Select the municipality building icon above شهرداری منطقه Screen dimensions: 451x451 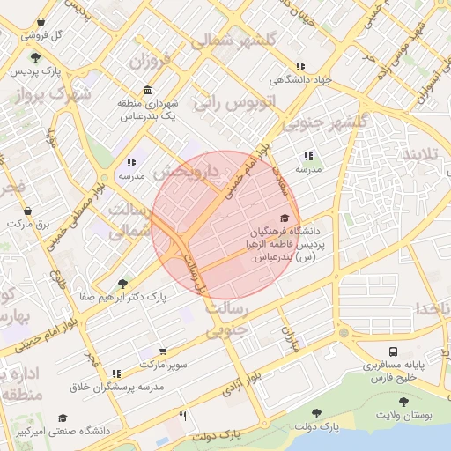click(145, 91)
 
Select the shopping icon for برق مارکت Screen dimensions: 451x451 click(28, 211)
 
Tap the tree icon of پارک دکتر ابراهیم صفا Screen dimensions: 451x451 click(122, 284)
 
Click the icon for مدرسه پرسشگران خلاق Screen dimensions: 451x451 click(116, 374)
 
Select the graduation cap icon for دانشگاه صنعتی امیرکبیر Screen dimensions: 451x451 click(63, 418)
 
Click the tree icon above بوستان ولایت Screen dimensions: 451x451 click(403, 402)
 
